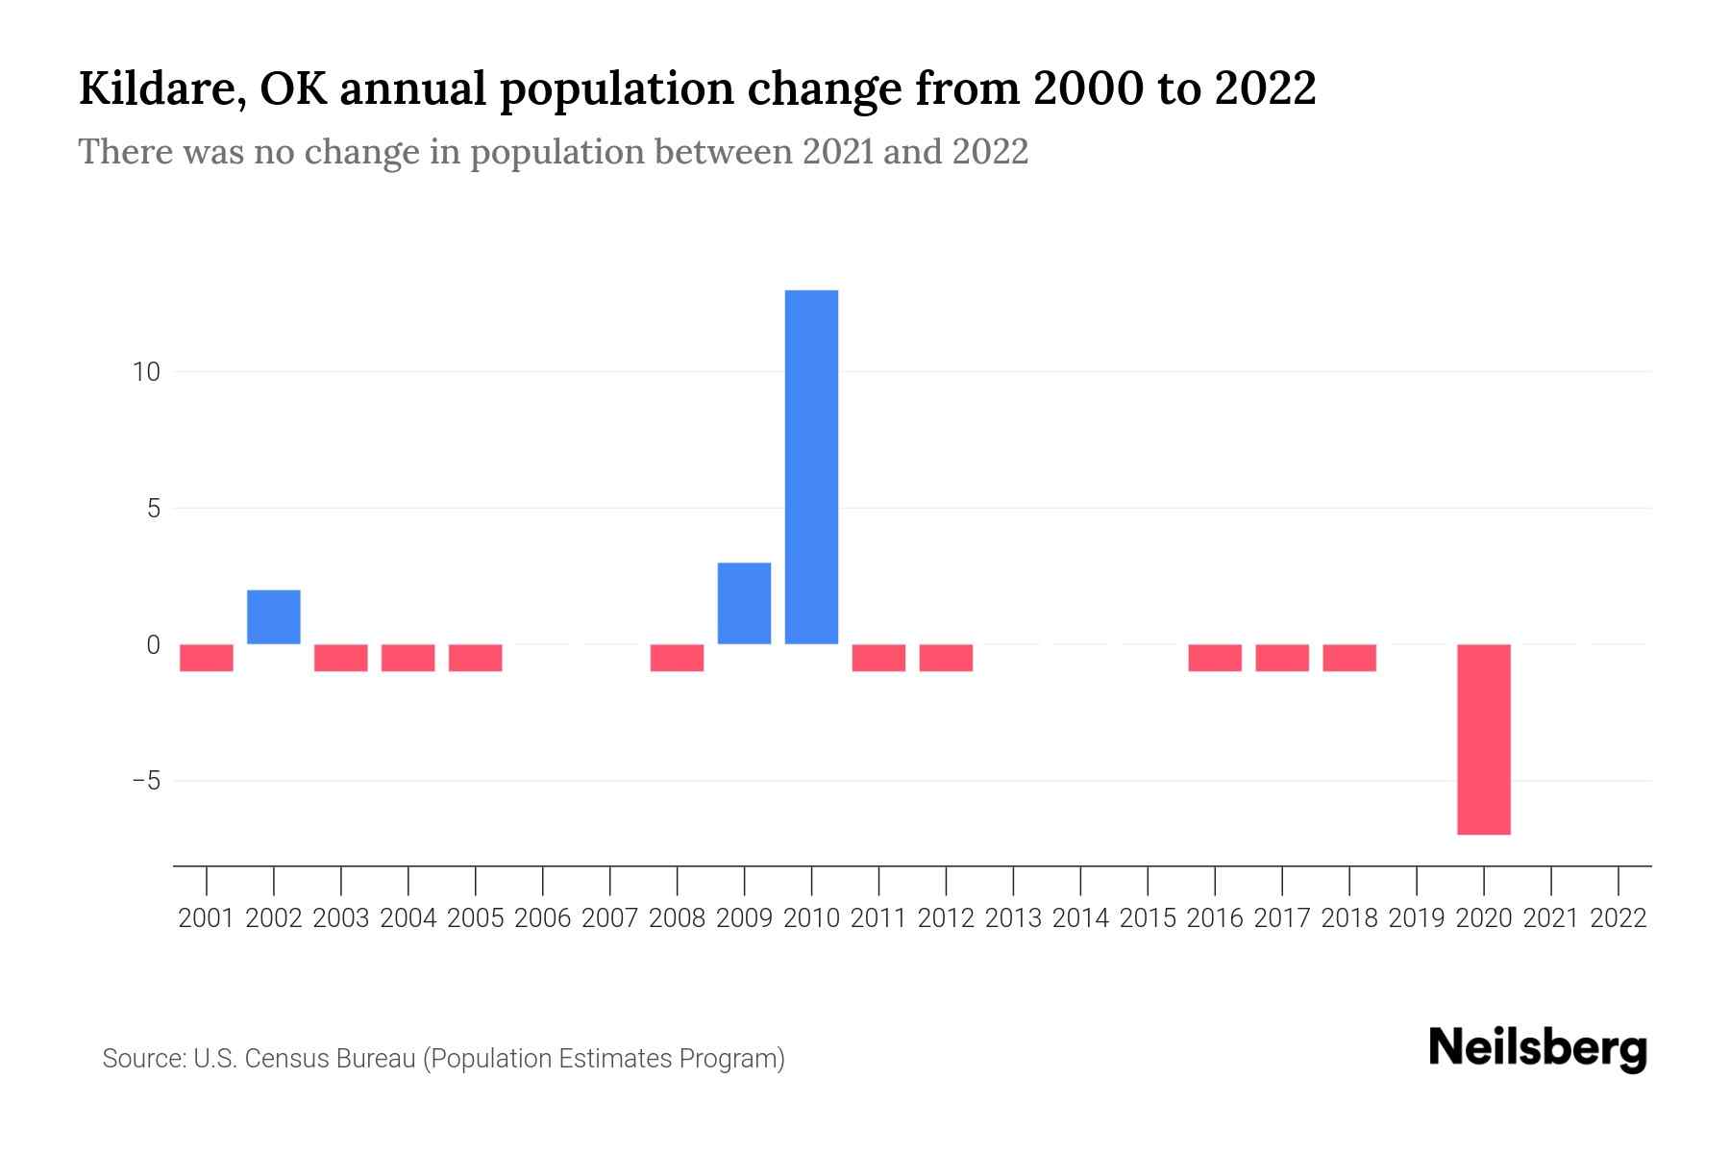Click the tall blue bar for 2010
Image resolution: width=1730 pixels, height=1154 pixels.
[x=811, y=466]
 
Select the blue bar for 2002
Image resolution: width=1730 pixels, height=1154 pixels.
[x=274, y=616]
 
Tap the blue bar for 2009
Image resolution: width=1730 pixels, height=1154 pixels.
[x=744, y=603]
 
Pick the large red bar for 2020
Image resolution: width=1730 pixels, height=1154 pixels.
[x=1484, y=739]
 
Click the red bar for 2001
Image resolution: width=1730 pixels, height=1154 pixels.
[x=207, y=658]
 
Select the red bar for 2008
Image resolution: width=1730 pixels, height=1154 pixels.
[x=677, y=658]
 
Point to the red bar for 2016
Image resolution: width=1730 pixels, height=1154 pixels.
[x=1215, y=658]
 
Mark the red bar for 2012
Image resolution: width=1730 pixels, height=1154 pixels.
[x=946, y=658]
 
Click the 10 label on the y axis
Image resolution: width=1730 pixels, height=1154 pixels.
[x=146, y=372]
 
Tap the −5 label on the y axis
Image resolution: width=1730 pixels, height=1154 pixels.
[x=146, y=781]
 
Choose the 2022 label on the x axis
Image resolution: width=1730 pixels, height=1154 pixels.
[x=1619, y=918]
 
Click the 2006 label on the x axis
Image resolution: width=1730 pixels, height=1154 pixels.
[x=543, y=918]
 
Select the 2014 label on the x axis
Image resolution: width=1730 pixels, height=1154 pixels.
[x=1080, y=918]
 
